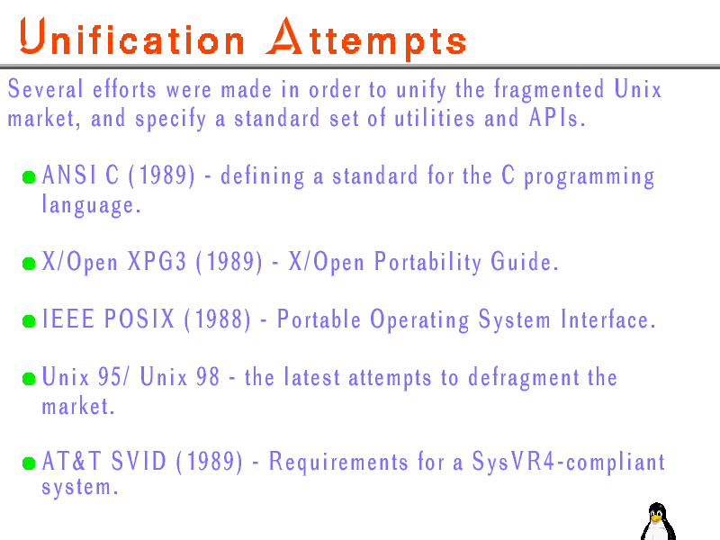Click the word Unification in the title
point(131,37)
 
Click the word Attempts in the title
point(366,39)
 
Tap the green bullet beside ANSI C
point(29,177)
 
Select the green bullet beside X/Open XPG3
point(29,264)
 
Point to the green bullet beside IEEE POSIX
point(29,321)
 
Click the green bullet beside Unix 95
point(29,378)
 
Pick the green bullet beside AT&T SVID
point(29,463)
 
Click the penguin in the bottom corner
point(658,522)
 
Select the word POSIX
point(139,319)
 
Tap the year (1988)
point(218,319)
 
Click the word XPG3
point(157,261)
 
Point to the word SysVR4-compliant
point(569,462)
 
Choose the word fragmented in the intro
point(549,88)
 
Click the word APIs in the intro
point(557,118)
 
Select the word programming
point(589,176)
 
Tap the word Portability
point(428,262)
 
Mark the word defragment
point(524,378)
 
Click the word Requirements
point(338,462)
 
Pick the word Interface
point(608,319)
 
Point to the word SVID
point(139,461)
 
